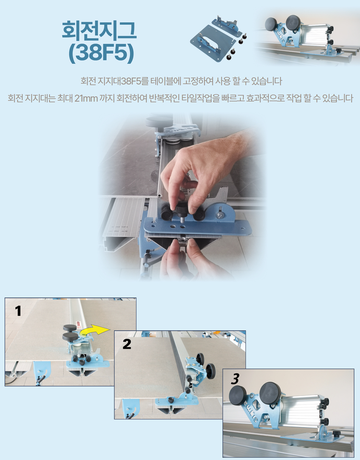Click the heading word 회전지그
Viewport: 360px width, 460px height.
(x=99, y=30)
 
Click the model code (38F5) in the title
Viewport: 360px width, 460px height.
(x=101, y=54)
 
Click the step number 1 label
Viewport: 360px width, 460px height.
(x=18, y=311)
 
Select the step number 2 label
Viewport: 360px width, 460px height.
(x=127, y=344)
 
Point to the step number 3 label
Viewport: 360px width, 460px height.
(x=235, y=379)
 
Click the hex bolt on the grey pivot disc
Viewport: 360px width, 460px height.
(x=220, y=215)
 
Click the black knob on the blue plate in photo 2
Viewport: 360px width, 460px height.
(x=171, y=399)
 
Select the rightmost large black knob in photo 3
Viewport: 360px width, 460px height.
(x=270, y=393)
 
